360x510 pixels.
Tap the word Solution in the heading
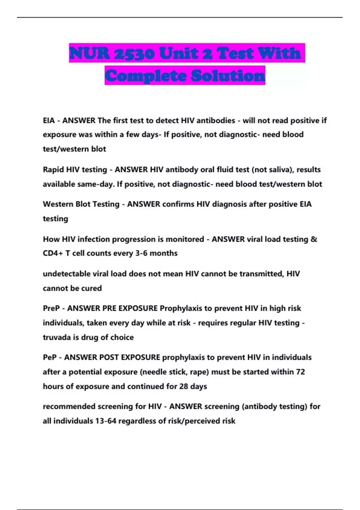click(x=228, y=76)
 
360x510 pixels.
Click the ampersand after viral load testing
click(x=314, y=239)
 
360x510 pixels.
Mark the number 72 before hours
click(x=300, y=372)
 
